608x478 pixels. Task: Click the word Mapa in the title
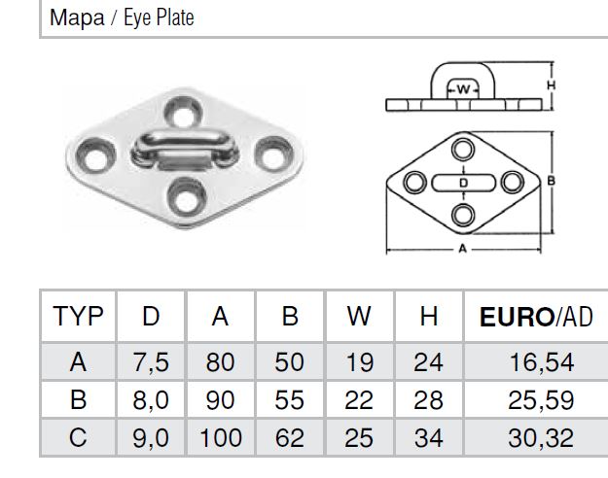point(77,17)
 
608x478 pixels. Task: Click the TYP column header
point(79,316)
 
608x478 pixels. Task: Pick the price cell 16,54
point(541,362)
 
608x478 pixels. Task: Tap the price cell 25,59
point(541,399)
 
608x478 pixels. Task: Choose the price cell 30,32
point(541,438)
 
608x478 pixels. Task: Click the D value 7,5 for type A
point(151,362)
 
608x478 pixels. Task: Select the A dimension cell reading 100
point(221,438)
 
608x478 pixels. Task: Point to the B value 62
point(290,438)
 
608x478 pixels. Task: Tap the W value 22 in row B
point(359,399)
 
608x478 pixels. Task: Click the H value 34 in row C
point(428,438)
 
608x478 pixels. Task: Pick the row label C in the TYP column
point(78,438)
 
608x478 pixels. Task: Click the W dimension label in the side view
point(463,89)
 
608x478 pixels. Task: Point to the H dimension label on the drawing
point(551,85)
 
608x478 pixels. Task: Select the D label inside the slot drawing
point(464,183)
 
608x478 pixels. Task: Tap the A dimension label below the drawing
point(463,249)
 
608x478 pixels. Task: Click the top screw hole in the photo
point(183,113)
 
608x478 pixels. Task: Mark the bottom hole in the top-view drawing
point(463,215)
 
